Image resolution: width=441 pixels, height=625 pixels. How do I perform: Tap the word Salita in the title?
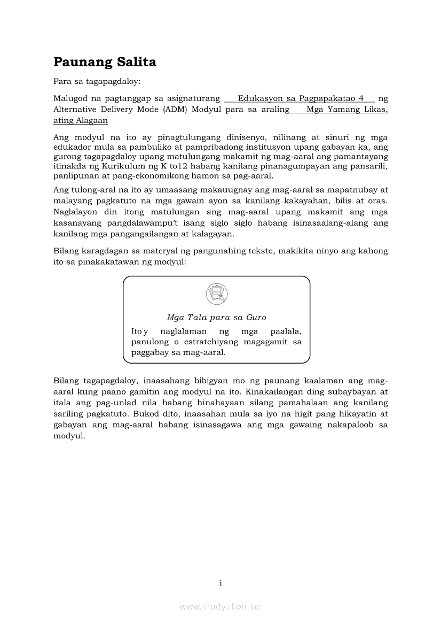point(139,62)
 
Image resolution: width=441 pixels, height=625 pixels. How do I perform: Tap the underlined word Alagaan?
point(91,121)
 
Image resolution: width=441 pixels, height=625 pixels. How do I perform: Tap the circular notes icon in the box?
point(216,294)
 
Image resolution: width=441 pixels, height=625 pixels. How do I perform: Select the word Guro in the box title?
point(256,318)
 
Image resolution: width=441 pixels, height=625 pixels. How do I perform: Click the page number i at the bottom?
point(220,583)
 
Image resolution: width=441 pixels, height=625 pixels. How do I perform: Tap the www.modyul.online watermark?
point(220,607)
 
